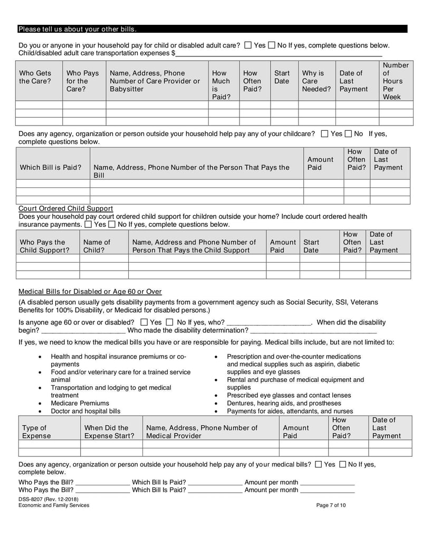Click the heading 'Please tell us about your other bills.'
pyautogui.click(x=77, y=29)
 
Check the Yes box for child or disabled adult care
pyautogui.click(x=248, y=45)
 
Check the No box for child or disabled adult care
pyautogui.click(x=272, y=45)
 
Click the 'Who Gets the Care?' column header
pyautogui.click(x=35, y=77)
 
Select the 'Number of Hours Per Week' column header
pyautogui.click(x=395, y=81)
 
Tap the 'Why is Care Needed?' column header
pyautogui.click(x=316, y=81)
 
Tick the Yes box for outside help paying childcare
pyautogui.click(x=324, y=134)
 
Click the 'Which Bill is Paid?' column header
pyautogui.click(x=51, y=167)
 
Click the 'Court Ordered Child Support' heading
pyautogui.click(x=65, y=208)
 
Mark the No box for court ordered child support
pyautogui.click(x=111, y=224)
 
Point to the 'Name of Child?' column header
pyautogui.click(x=97, y=246)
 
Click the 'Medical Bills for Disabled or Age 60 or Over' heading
pyautogui.click(x=90, y=291)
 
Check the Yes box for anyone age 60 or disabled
pyautogui.click(x=144, y=322)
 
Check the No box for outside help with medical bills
pyautogui.click(x=343, y=464)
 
